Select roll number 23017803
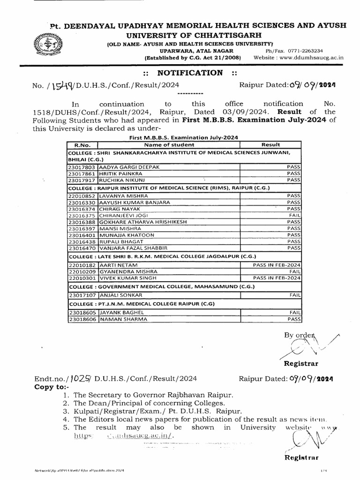(82, 166)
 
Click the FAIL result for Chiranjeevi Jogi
(294, 215)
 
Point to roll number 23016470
(82, 247)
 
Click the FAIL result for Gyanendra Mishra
(295, 271)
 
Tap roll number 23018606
(82, 319)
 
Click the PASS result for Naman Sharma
(294, 319)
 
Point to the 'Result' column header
(270, 145)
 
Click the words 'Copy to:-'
(52, 387)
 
